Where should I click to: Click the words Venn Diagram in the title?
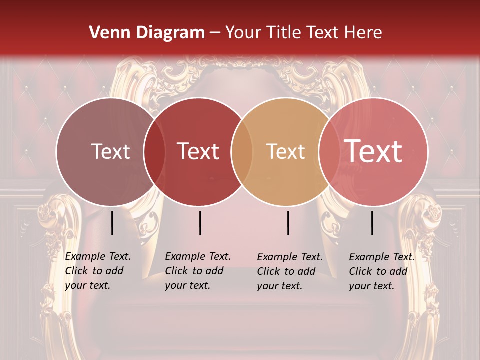click(147, 33)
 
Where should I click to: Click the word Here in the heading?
click(363, 33)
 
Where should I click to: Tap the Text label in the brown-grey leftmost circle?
click(110, 151)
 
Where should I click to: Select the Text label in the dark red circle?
click(198, 151)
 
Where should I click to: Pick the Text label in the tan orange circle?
click(285, 151)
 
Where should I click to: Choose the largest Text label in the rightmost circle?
click(373, 151)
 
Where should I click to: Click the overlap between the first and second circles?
click(154, 152)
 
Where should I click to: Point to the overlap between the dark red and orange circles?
click(242, 152)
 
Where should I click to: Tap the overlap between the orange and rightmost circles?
click(329, 152)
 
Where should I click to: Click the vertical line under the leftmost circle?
click(112, 223)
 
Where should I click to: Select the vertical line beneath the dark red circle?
click(200, 223)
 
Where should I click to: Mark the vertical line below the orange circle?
click(288, 223)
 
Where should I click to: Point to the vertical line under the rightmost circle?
click(372, 223)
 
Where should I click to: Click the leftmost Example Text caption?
click(98, 271)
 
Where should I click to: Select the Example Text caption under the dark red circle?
click(198, 271)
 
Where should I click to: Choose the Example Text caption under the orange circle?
click(290, 271)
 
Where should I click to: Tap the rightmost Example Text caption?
click(382, 271)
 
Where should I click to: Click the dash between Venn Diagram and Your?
click(215, 33)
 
